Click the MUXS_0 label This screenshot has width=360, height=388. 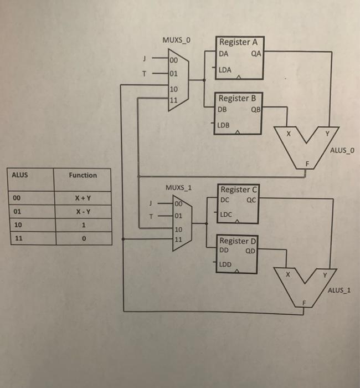(177, 40)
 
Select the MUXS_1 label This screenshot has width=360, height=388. (178, 187)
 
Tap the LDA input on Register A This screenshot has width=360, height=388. (225, 70)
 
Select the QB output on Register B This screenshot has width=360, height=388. (255, 109)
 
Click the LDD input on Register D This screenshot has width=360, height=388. (225, 264)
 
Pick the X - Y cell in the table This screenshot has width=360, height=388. (83, 212)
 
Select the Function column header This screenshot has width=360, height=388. (83, 175)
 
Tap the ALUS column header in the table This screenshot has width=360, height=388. (20, 175)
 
